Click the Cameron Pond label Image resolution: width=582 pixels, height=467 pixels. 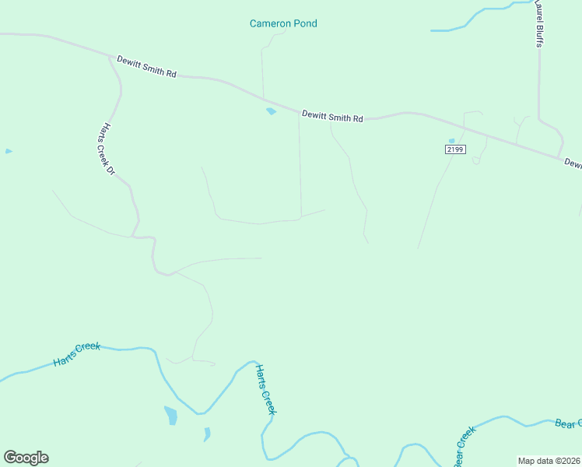tap(283, 23)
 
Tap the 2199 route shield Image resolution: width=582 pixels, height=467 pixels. tap(455, 149)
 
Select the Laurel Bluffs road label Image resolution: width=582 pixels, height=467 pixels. tap(538, 23)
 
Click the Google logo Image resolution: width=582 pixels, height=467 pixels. tap(26, 458)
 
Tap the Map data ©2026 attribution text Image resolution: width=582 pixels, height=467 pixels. tap(549, 461)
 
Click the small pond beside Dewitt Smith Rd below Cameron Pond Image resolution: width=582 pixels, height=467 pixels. tap(271, 111)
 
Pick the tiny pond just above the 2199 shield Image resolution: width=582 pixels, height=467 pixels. tap(451, 141)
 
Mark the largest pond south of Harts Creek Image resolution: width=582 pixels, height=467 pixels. tap(170, 416)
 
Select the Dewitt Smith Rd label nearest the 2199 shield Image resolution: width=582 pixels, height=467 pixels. tap(333, 118)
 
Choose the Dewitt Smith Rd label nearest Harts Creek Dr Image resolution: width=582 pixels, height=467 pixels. tap(147, 66)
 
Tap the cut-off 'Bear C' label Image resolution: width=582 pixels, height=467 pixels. tap(567, 423)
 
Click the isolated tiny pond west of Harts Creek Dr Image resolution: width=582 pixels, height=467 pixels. tap(9, 151)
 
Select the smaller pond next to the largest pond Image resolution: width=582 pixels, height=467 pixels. tap(207, 434)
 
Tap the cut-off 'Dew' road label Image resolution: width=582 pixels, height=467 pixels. tap(573, 163)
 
